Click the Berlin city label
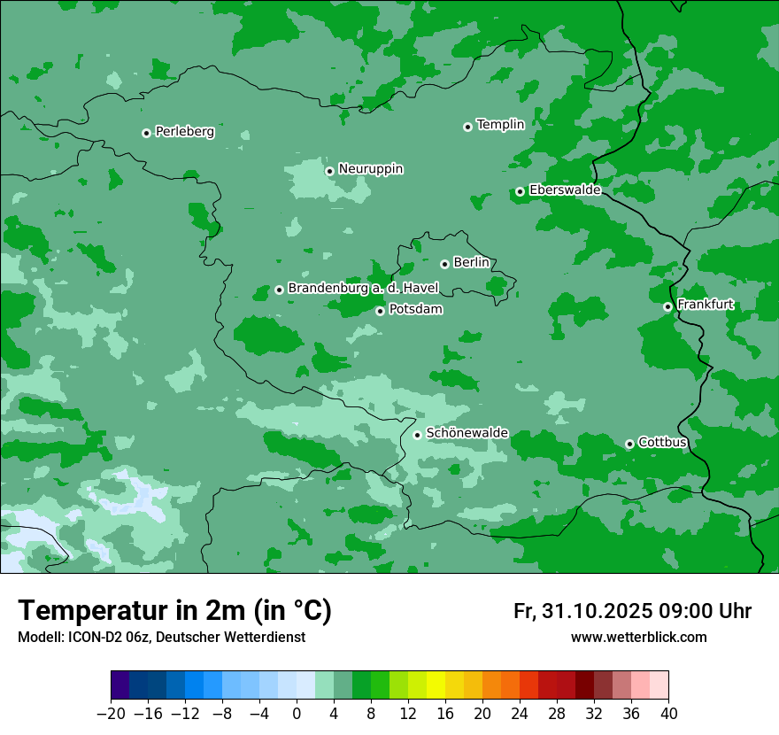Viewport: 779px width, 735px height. [x=471, y=263]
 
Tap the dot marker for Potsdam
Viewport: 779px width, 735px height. [x=380, y=311]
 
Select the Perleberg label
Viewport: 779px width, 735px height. [x=185, y=132]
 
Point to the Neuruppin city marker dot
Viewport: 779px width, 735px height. [x=329, y=171]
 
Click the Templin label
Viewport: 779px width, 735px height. [x=500, y=125]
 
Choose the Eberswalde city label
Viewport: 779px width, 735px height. [x=565, y=190]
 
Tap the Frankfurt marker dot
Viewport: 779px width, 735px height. [x=667, y=307]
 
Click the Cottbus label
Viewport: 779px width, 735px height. [x=662, y=442]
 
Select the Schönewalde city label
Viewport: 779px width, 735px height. [x=467, y=433]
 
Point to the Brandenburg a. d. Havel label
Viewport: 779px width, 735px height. [x=363, y=289]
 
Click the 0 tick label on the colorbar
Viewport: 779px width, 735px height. [x=297, y=714]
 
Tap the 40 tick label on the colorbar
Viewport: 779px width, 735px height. [x=668, y=714]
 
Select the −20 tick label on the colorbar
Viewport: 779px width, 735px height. [x=110, y=714]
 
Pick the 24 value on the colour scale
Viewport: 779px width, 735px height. [x=520, y=714]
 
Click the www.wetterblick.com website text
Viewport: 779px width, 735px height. [x=638, y=637]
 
